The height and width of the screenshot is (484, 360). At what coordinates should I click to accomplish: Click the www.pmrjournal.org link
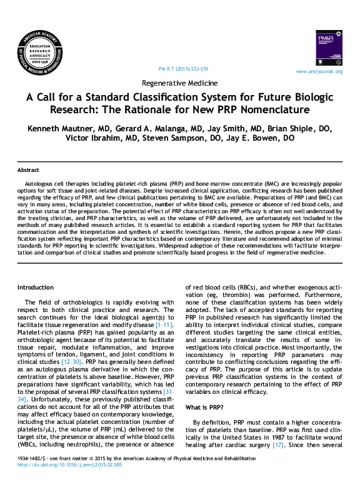click(x=319, y=71)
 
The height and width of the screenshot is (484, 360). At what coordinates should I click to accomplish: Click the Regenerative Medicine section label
click(x=180, y=83)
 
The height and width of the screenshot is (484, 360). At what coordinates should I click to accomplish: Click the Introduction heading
click(x=36, y=287)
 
